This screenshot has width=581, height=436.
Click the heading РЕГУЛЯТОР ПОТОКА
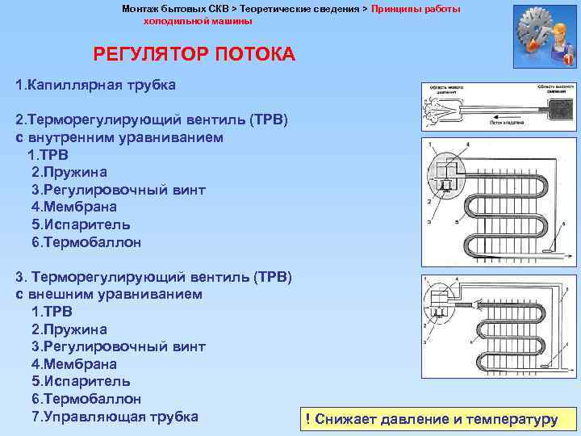point(194,55)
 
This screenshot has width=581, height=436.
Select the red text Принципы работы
point(416,8)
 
